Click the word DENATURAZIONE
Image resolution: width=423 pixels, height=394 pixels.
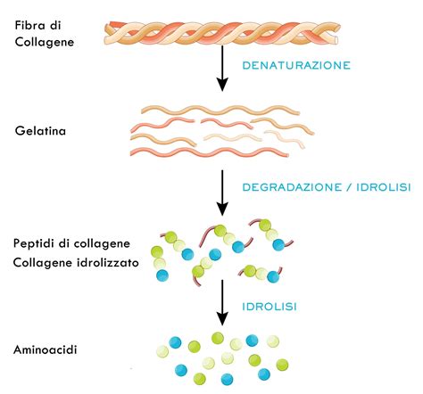(x=294, y=66)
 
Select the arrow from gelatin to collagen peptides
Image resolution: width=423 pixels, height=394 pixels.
(x=222, y=191)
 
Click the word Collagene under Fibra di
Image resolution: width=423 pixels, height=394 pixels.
(x=42, y=41)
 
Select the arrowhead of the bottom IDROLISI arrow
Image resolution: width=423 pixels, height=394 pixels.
(x=222, y=322)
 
